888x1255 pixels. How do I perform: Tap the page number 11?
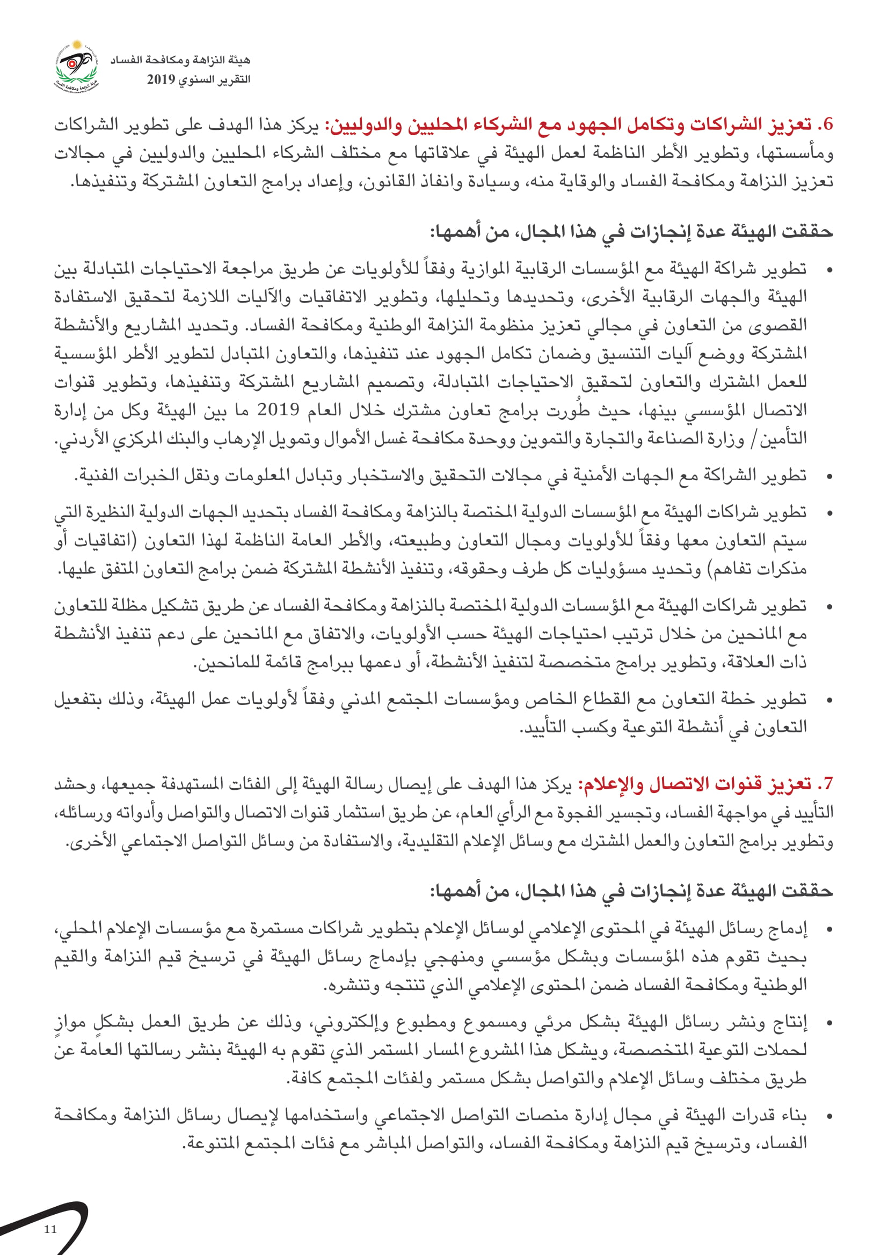50,1229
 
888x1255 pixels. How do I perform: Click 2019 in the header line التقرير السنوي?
161,80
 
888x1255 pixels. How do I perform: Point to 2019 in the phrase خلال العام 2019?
278,409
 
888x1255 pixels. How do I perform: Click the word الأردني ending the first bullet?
78,438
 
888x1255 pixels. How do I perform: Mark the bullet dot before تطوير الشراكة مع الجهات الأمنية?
829,476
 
